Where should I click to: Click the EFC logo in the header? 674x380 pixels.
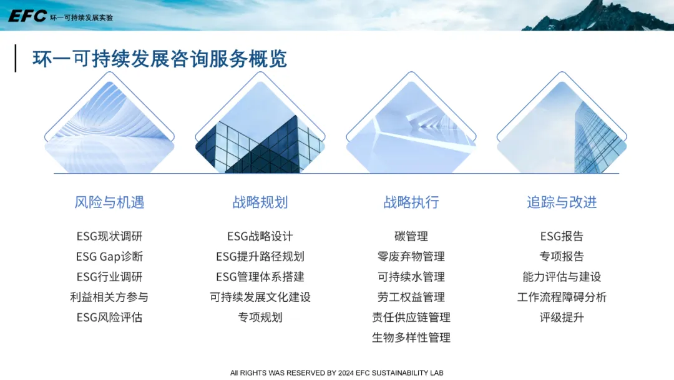[27, 16]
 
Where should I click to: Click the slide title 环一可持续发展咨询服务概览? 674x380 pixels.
[160, 59]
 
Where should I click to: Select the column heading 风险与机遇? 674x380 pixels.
[109, 202]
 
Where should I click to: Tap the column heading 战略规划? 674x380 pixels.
[260, 202]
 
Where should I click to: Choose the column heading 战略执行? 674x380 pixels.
[411, 202]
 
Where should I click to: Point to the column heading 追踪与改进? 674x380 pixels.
[562, 202]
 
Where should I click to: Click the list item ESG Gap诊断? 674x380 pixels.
[109, 256]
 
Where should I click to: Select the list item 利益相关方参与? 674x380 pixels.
[109, 297]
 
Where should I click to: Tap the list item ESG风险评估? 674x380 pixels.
[109, 317]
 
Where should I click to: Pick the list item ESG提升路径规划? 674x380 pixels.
[260, 256]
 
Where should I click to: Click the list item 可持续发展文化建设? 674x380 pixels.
[260, 297]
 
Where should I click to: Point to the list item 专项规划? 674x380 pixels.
[260, 317]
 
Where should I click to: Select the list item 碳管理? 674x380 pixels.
[411, 236]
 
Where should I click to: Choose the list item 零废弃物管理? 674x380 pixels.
[411, 256]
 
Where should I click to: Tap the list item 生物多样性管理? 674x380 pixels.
[411, 337]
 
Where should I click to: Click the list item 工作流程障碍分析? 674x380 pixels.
[562, 297]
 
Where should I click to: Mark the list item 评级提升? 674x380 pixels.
[562, 317]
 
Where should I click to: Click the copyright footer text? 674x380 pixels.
[336, 372]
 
